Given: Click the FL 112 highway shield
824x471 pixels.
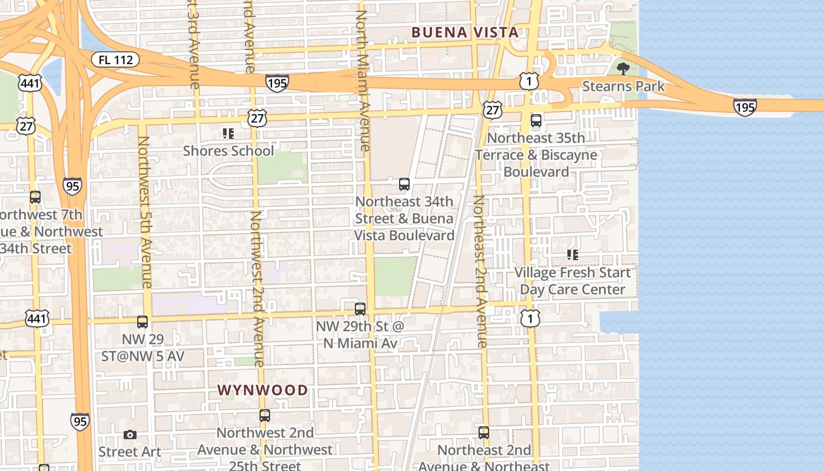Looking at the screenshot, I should tap(115, 59).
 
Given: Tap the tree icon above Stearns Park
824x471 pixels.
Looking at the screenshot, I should tap(623, 69).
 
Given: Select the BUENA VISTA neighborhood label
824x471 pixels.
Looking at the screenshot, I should tap(465, 32).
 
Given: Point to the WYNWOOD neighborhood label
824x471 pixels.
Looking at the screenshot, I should tap(263, 390).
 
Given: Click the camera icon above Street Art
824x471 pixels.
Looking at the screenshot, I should tap(130, 435).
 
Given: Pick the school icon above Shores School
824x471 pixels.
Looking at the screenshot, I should tap(228, 134).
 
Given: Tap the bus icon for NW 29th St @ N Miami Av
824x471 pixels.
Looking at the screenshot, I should tap(360, 309).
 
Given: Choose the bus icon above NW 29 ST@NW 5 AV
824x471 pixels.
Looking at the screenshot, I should tap(142, 322).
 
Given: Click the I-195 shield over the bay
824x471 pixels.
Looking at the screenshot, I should tap(745, 107).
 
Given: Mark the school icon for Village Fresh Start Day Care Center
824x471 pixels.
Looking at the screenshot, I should tap(572, 255).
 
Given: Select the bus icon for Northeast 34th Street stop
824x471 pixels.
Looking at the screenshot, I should tap(404, 184).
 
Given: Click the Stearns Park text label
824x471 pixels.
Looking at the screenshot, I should tap(623, 87).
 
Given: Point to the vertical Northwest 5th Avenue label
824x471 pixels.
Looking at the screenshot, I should tap(145, 212).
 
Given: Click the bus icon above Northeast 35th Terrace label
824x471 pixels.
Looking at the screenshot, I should tap(536, 121).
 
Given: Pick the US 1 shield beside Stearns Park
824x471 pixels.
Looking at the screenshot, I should tap(529, 81).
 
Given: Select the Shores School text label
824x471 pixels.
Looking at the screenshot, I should tap(228, 151).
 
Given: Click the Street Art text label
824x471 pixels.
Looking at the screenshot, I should tap(129, 452).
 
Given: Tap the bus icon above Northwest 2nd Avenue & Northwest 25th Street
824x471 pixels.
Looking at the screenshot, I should tap(265, 416).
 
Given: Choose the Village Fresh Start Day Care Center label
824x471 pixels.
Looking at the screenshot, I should tap(572, 281).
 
